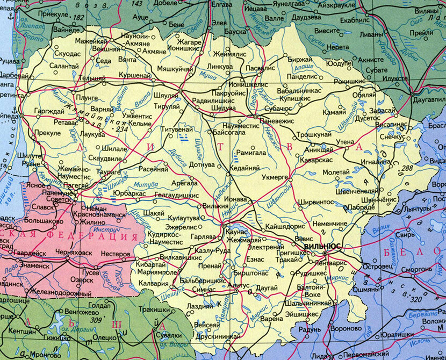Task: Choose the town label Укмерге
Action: pos(274,176)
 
